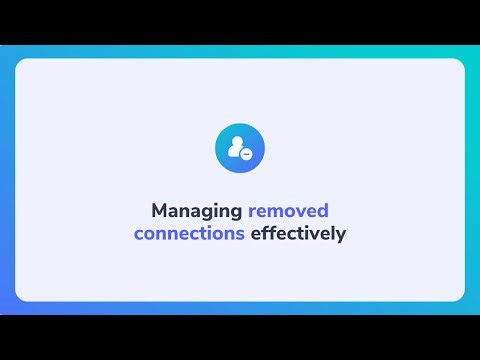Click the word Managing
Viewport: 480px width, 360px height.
click(196, 211)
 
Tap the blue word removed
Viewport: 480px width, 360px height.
click(288, 211)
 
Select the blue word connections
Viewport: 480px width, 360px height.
click(189, 234)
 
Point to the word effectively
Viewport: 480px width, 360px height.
click(298, 234)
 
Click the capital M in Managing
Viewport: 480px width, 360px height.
click(158, 211)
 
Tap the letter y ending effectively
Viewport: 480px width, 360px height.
click(342, 236)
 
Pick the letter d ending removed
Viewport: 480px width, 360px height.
click(323, 211)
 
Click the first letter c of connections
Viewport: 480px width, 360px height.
click(138, 235)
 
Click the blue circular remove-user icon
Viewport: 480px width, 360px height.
click(240, 148)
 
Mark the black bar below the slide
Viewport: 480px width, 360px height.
click(240, 337)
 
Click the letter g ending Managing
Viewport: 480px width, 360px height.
click(236, 213)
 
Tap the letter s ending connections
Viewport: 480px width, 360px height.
click(241, 235)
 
